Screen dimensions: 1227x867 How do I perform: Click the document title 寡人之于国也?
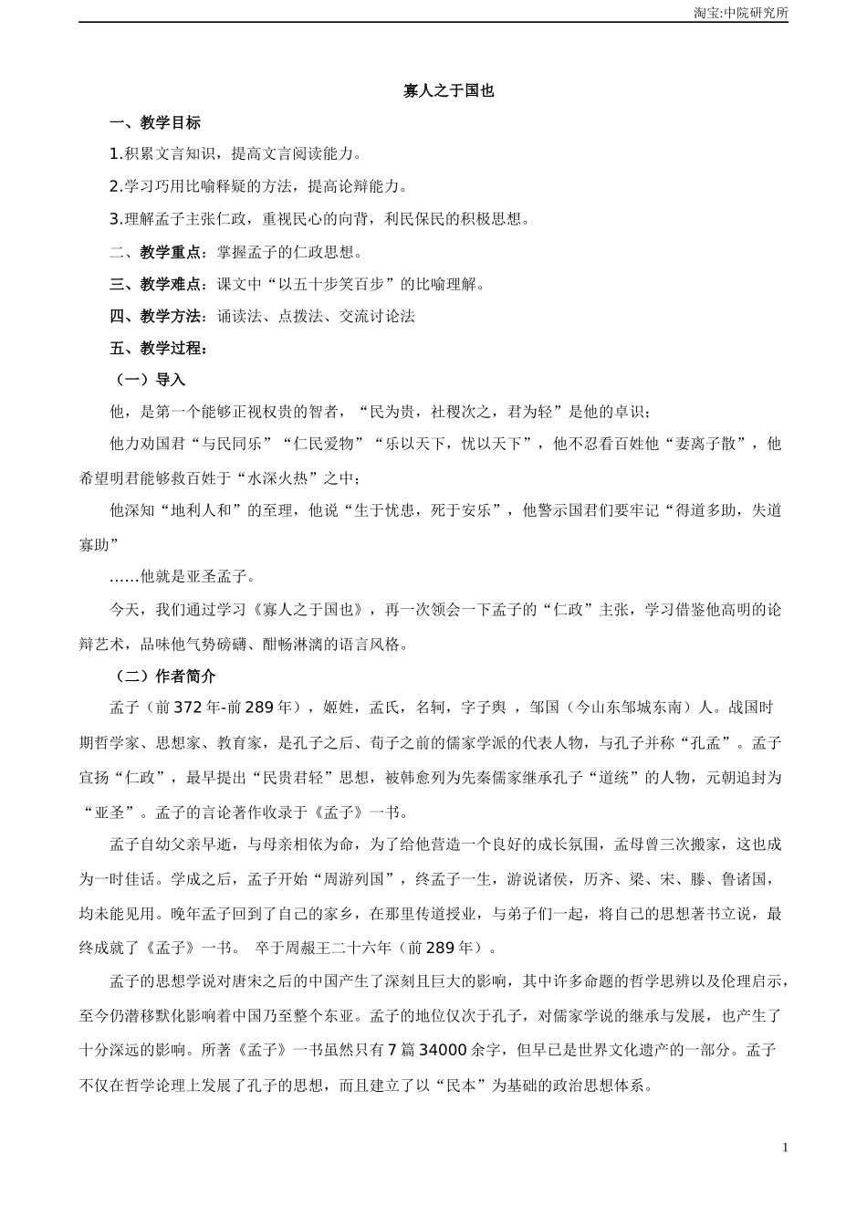pyautogui.click(x=448, y=90)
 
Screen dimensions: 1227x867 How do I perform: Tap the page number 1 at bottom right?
pyautogui.click(x=785, y=1148)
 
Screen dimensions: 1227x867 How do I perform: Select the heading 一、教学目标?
pyautogui.click(x=155, y=122)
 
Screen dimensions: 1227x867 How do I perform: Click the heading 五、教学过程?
pyautogui.click(x=159, y=348)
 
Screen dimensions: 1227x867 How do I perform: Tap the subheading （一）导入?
pyautogui.click(x=147, y=380)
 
